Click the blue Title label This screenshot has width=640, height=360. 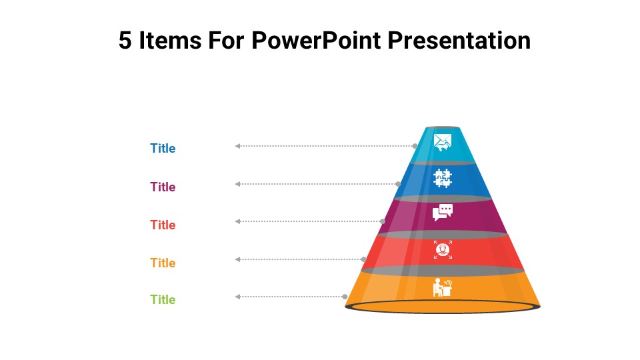[163, 149]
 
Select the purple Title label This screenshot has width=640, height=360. [163, 187]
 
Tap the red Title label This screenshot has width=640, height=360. [163, 225]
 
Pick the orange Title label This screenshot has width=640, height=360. [163, 263]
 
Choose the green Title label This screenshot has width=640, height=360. [163, 300]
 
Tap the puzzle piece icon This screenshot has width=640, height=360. [443, 178]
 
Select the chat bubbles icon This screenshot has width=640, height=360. [443, 212]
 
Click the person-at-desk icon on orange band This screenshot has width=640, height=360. [442, 287]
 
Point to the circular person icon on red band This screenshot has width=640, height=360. [443, 250]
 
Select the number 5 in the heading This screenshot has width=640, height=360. [125, 41]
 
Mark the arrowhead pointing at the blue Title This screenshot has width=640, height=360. [237, 146]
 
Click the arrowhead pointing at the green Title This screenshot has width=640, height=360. [237, 297]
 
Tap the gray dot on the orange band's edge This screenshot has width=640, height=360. [345, 297]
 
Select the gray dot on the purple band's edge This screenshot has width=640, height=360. [383, 221]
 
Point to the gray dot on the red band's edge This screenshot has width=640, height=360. [364, 259]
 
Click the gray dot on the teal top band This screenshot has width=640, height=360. [415, 146]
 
